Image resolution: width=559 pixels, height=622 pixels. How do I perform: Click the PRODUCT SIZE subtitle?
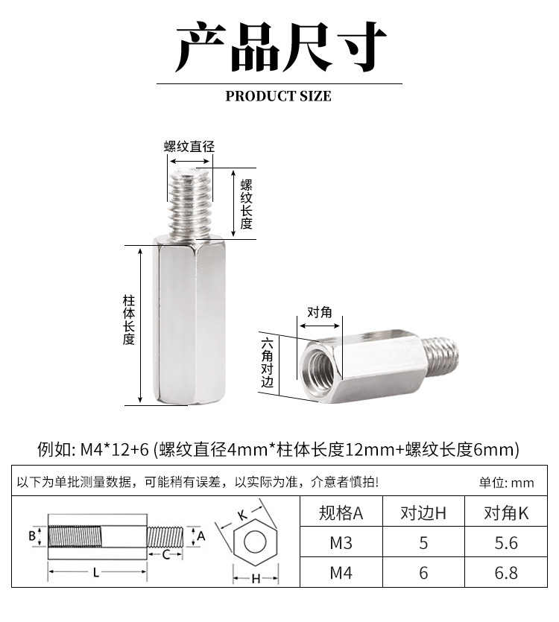coord(278,96)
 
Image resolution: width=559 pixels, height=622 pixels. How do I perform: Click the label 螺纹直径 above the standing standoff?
coord(189,146)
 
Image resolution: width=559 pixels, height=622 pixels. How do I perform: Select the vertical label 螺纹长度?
coord(247,203)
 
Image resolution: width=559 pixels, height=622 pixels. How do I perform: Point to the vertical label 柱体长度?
coord(129,320)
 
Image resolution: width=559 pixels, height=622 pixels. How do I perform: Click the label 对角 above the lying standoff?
coord(320,312)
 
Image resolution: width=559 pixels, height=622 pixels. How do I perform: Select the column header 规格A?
coord(341,512)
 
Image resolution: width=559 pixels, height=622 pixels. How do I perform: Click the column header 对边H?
coord(423,512)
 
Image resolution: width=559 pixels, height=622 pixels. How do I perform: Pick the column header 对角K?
coord(506,512)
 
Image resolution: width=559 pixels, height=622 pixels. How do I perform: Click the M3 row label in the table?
coord(341,542)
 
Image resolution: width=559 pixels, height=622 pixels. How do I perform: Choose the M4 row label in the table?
coord(341,572)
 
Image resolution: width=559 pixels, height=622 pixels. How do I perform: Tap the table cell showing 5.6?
coord(506,542)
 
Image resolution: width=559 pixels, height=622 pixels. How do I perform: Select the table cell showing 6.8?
coord(506,572)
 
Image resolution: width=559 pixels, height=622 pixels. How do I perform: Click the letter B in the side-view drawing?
coord(32,536)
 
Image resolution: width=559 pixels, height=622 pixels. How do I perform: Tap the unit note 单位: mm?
coord(507,483)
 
